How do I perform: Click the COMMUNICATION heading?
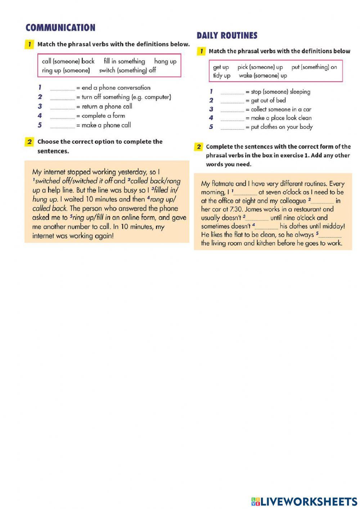60,28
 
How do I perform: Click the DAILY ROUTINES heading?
227,35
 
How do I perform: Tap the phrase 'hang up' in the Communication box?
165,61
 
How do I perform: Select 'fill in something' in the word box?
124,61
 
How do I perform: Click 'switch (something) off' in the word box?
127,70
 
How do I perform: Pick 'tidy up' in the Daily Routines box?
221,76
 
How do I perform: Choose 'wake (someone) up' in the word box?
263,76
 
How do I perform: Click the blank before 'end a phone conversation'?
62,88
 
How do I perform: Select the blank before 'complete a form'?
62,116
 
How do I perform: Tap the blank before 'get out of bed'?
232,101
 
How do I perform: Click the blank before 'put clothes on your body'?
232,127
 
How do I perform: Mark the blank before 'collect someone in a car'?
232,110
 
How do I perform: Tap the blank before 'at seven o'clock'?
246,193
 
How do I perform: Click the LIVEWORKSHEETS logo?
304,501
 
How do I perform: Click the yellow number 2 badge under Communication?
29,142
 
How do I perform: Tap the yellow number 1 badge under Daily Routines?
201,51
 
